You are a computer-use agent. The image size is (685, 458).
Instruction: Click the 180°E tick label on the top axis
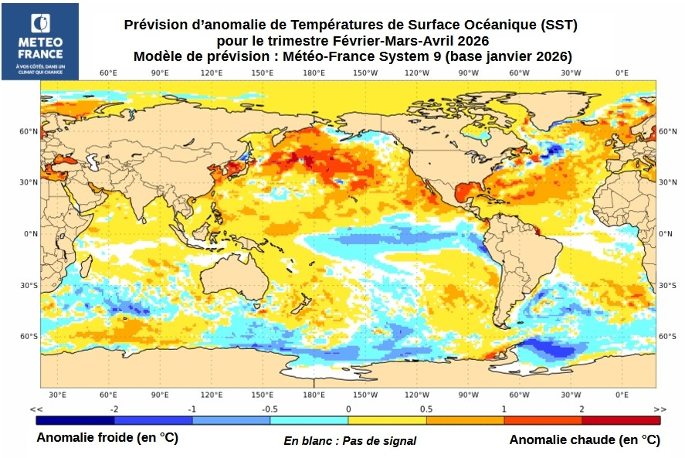(x=314, y=73)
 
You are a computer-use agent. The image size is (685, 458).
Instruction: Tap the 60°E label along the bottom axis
(x=108, y=394)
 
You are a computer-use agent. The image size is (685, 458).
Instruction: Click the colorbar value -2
(x=114, y=409)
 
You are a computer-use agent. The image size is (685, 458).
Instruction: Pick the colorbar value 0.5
(x=426, y=409)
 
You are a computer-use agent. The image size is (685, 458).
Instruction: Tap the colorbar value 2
(x=582, y=409)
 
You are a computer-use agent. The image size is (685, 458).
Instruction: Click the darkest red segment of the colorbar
(x=621, y=421)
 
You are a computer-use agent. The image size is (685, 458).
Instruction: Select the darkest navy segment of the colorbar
(x=75, y=421)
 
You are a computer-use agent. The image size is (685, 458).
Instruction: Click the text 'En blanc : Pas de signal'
(x=350, y=441)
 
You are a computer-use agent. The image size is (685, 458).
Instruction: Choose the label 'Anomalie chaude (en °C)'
(x=585, y=439)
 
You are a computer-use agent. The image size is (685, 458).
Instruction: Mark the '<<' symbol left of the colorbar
(x=36, y=409)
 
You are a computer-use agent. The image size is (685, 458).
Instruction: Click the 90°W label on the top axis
(x=468, y=73)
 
